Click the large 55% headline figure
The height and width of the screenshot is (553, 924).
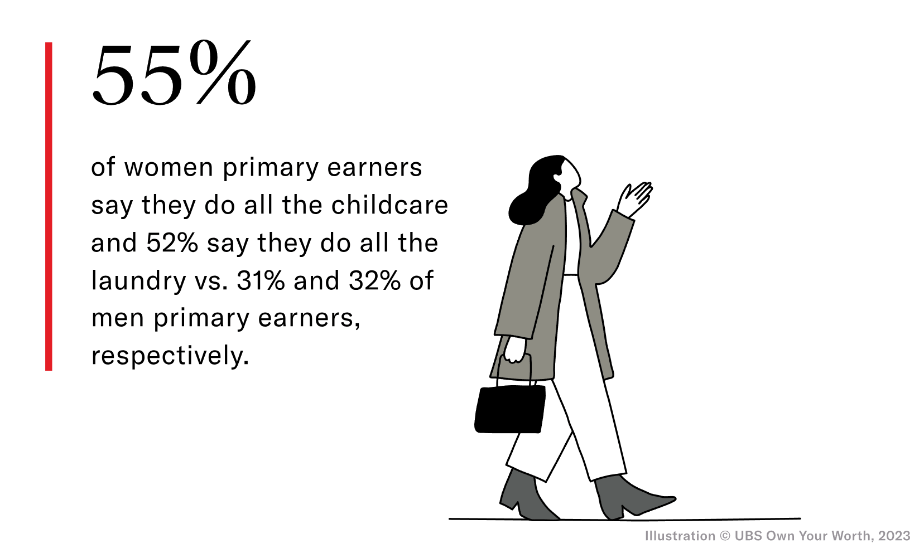(x=174, y=75)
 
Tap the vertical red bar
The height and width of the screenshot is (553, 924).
(x=49, y=206)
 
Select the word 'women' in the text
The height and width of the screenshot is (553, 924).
(x=169, y=168)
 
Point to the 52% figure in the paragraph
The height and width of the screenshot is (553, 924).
(x=172, y=243)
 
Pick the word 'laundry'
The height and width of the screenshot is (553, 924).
(x=138, y=281)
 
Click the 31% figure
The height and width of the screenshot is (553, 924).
(x=261, y=281)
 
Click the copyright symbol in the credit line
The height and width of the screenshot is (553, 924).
(x=725, y=536)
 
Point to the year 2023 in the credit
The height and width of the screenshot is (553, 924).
(x=894, y=536)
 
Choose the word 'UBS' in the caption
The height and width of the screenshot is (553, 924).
(x=748, y=536)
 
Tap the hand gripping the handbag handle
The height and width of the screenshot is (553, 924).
(x=514, y=350)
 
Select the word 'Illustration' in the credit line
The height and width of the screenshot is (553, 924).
(x=680, y=536)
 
